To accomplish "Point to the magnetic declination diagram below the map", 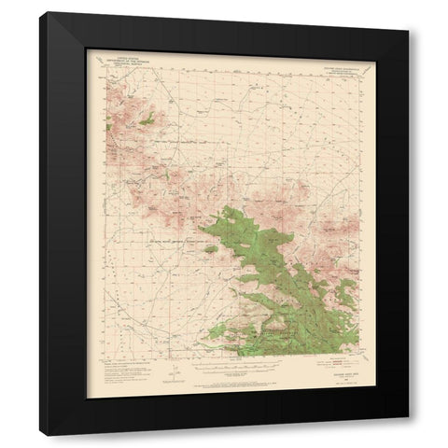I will click(169, 373).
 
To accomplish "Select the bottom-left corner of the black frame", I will click(39, 430).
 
